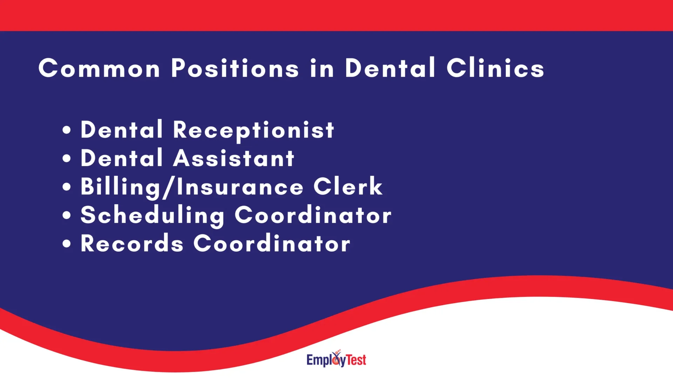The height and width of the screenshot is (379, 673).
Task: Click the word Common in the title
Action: (99, 68)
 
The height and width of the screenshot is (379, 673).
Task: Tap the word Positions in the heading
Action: (235, 68)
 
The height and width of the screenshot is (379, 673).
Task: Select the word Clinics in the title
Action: (495, 68)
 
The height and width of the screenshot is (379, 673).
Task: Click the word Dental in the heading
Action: (390, 68)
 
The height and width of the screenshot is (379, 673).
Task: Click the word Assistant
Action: (234, 159)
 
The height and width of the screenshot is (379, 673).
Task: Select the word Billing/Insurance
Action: (192, 187)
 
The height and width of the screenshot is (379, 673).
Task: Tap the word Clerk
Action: (348, 186)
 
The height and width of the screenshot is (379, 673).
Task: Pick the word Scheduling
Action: (152, 215)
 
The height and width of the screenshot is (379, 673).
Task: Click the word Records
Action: (132, 244)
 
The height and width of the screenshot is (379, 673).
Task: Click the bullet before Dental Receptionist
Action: (67, 130)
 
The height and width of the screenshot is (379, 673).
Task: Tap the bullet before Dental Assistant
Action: (67, 158)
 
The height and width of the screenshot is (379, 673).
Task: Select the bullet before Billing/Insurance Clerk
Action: (67, 187)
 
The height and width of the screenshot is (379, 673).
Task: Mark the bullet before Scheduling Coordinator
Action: (67, 215)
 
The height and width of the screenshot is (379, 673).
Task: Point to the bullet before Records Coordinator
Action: (67, 244)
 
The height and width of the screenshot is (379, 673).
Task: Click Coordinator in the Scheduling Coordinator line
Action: (313, 215)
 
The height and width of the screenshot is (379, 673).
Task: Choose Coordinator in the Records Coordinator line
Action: (272, 244)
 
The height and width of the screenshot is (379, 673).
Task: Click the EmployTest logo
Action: (336, 359)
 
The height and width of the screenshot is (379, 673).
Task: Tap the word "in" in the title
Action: (322, 68)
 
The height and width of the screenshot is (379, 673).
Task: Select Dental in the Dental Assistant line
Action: (122, 159)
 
